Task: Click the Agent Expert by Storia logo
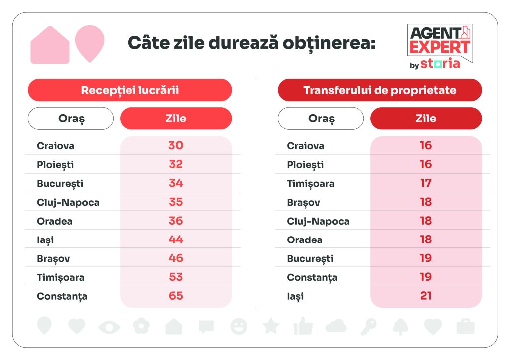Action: pyautogui.click(x=440, y=46)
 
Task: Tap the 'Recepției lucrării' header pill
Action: pyautogui.click(x=129, y=90)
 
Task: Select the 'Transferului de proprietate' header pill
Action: pyautogui.click(x=380, y=90)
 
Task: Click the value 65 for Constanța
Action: pyautogui.click(x=176, y=296)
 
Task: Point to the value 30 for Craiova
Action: pyautogui.click(x=176, y=145)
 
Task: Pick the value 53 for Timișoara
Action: pyautogui.click(x=176, y=277)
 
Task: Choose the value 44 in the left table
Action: pyautogui.click(x=176, y=240)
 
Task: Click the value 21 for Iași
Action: pyautogui.click(x=426, y=296)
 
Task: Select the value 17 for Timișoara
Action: pyautogui.click(x=426, y=183)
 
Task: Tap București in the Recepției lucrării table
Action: pyautogui.click(x=60, y=183)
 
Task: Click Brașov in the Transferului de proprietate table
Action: pyautogui.click(x=303, y=202)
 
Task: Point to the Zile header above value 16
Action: pyautogui.click(x=426, y=119)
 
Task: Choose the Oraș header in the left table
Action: pyautogui.click(x=71, y=119)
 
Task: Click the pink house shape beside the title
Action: pyautogui.click(x=50, y=46)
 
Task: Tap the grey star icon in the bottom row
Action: pyautogui.click(x=271, y=326)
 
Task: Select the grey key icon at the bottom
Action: pyautogui.click(x=368, y=326)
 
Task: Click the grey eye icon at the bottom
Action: pyautogui.click(x=109, y=327)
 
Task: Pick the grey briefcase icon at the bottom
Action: pyautogui.click(x=465, y=326)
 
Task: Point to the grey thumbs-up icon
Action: pyautogui.click(x=303, y=326)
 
